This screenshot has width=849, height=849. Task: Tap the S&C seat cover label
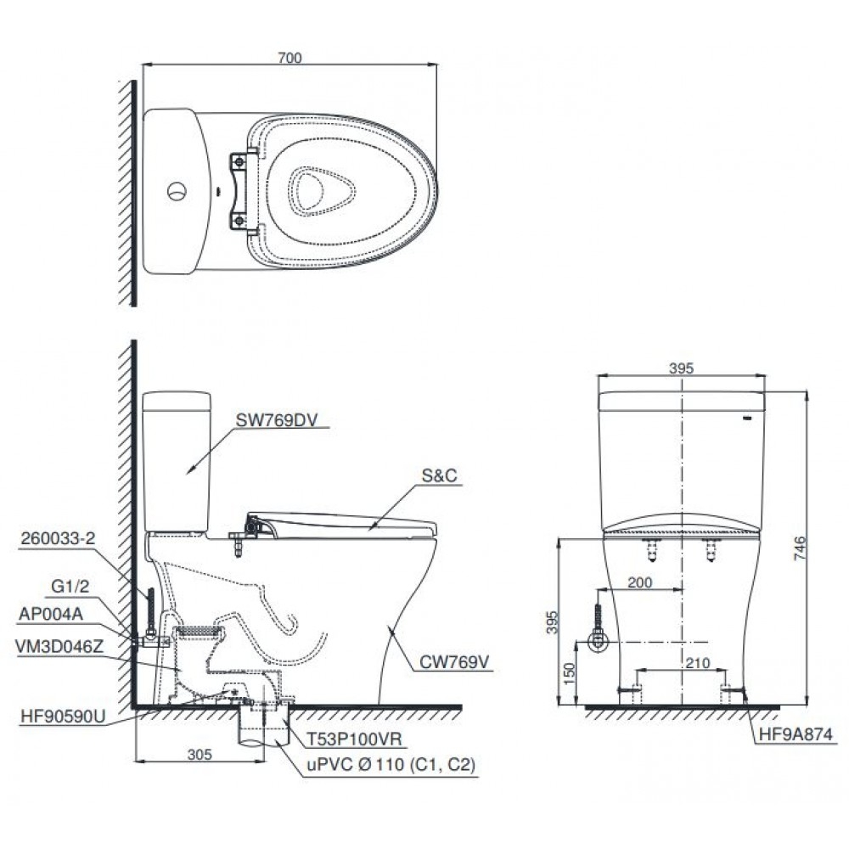(440, 475)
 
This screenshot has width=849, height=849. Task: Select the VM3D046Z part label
(59, 644)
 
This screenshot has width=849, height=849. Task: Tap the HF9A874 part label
(791, 734)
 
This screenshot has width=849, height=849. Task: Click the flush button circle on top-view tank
(176, 190)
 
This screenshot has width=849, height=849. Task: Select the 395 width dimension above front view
(682, 368)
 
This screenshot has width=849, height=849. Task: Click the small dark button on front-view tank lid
(747, 418)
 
